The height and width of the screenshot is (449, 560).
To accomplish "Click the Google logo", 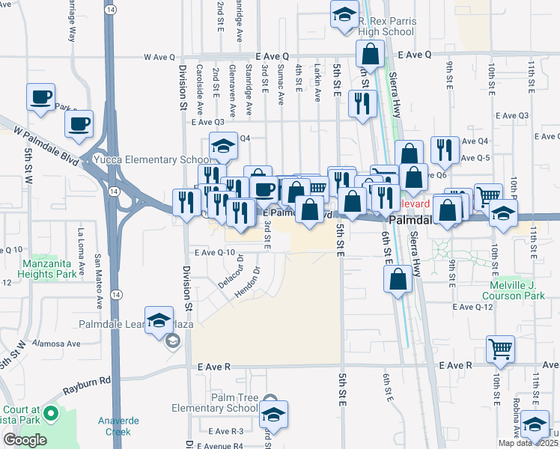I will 25,440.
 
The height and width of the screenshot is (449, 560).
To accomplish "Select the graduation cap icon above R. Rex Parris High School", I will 344,16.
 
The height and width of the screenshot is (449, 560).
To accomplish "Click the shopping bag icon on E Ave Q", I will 370,55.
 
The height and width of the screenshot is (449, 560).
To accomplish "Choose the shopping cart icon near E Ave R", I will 499,349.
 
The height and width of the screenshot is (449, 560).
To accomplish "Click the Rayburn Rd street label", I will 86,385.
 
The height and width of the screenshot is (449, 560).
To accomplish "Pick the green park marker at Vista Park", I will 50,413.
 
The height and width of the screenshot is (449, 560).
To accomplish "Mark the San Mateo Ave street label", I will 97,281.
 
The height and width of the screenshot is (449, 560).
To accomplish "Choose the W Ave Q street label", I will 159,57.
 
